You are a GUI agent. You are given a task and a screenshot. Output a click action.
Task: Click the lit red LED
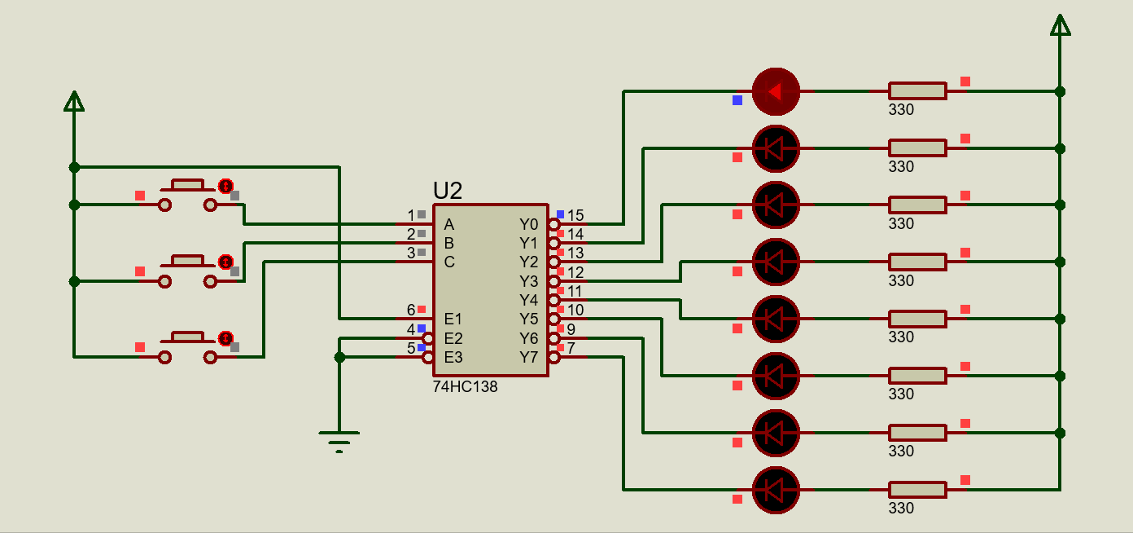coord(776,92)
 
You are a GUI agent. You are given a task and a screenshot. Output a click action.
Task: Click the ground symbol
coord(339,441)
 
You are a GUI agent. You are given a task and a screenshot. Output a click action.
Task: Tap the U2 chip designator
coord(448,191)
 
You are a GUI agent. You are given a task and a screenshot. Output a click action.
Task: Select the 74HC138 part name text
coord(465,386)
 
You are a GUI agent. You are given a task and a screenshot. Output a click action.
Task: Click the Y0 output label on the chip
coord(528,224)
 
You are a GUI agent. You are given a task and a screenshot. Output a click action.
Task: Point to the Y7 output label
coord(528,357)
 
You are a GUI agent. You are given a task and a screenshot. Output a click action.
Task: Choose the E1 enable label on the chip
coord(453,319)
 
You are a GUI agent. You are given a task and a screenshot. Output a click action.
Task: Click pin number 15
coord(575,215)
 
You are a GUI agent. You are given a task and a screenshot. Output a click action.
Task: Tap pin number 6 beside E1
coord(411,310)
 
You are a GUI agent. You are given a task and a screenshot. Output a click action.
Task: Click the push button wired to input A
coord(188,195)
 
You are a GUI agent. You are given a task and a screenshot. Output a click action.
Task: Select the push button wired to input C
coord(188,347)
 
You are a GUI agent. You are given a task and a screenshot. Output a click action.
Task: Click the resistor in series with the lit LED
coord(917,91)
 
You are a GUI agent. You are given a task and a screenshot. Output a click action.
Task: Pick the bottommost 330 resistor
coord(917,490)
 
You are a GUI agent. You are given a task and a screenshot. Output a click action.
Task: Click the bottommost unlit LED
coord(776,490)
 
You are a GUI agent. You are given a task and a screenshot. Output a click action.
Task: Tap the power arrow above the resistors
coord(1061,25)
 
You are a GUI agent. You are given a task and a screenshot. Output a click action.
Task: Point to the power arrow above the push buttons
coord(74,101)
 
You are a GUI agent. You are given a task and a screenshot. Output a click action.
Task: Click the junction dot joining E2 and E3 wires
coord(339,357)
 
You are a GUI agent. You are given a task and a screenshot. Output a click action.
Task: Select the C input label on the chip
coord(449,262)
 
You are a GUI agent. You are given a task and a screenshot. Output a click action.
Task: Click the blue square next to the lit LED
coord(737,100)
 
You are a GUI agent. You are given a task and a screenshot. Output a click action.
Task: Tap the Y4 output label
coord(528,300)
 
